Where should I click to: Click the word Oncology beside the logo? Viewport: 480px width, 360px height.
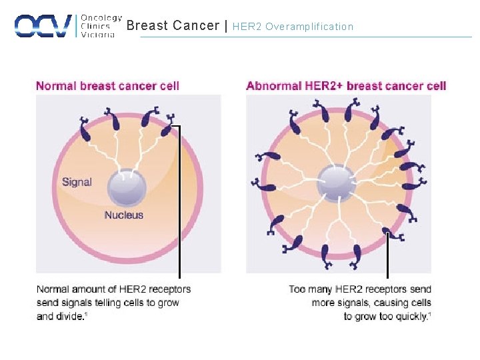click(x=101, y=18)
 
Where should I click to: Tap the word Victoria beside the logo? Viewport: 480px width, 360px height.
click(x=97, y=35)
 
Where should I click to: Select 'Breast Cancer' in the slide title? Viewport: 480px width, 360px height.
click(x=173, y=26)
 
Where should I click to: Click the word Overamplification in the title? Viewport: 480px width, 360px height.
click(x=309, y=27)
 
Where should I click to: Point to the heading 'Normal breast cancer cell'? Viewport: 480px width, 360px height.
click(x=107, y=86)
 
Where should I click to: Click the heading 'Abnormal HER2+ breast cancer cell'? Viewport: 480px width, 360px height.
click(x=346, y=86)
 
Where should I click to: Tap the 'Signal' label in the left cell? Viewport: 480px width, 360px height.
click(x=77, y=182)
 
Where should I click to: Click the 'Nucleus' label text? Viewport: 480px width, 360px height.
click(x=123, y=215)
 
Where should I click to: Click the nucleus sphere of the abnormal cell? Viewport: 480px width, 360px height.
click(x=337, y=182)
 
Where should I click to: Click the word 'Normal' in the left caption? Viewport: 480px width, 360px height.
click(x=53, y=289)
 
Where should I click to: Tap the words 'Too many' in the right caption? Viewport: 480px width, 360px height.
click(x=311, y=289)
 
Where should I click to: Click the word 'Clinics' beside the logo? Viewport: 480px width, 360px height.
click(x=95, y=27)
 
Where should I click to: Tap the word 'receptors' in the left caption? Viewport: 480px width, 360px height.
click(x=169, y=289)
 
